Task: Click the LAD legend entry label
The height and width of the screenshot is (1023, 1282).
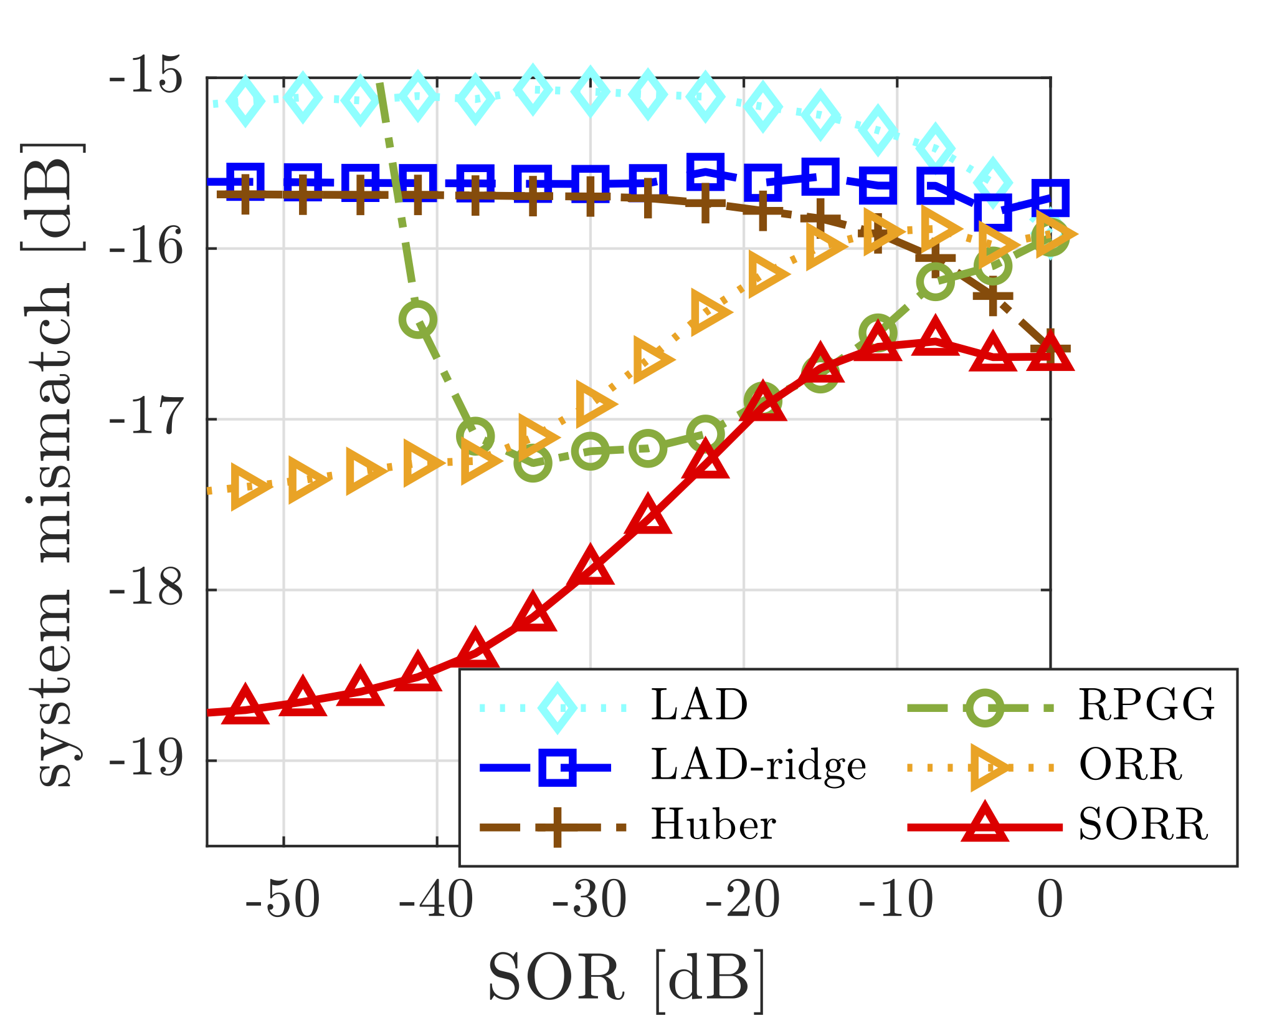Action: [x=699, y=705]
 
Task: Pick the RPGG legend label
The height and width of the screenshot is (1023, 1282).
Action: [x=1146, y=705]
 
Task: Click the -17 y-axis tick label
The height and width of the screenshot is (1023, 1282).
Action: [x=147, y=419]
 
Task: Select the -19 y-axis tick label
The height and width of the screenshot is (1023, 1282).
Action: [x=147, y=761]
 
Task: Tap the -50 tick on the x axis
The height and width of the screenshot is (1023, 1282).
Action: [x=283, y=901]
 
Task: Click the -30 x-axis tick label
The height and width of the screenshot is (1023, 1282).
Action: [x=590, y=901]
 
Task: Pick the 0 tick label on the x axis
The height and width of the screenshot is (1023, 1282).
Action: [x=1050, y=901]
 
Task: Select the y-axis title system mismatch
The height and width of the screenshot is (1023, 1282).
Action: [x=55, y=464]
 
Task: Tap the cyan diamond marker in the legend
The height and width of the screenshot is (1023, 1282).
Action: [x=557, y=707]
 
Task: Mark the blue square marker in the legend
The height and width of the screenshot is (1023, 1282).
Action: [x=557, y=766]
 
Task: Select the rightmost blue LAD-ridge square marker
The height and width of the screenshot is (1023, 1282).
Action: [x=1050, y=198]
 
